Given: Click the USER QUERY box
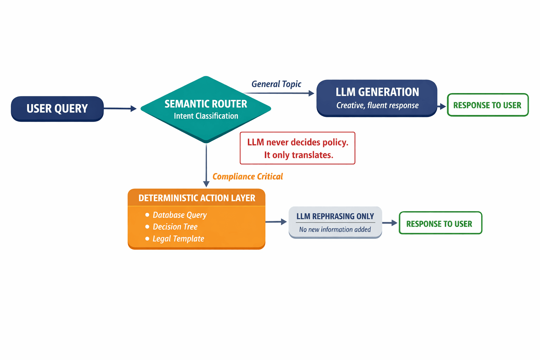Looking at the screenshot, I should (x=57, y=109).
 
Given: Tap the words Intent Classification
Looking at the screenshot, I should (x=206, y=116).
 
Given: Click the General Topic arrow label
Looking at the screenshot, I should (x=276, y=84).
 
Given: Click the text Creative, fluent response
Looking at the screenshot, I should (x=377, y=105).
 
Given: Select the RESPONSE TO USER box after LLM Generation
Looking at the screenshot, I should (x=487, y=105).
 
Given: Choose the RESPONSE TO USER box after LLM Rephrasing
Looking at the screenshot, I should (x=440, y=224).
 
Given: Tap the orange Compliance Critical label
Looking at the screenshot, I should (x=247, y=176).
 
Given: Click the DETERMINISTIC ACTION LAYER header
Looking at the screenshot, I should (x=197, y=198).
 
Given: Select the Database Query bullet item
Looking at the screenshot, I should (x=179, y=215).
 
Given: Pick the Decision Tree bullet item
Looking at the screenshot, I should (x=175, y=227).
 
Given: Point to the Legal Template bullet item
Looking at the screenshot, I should (x=178, y=239).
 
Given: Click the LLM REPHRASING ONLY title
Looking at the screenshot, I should (x=335, y=216).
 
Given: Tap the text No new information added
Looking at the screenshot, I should (x=335, y=230).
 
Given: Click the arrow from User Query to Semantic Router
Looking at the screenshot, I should (x=120, y=109).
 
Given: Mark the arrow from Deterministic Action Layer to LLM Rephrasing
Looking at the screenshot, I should (x=276, y=222).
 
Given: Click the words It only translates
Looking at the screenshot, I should (x=298, y=155).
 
